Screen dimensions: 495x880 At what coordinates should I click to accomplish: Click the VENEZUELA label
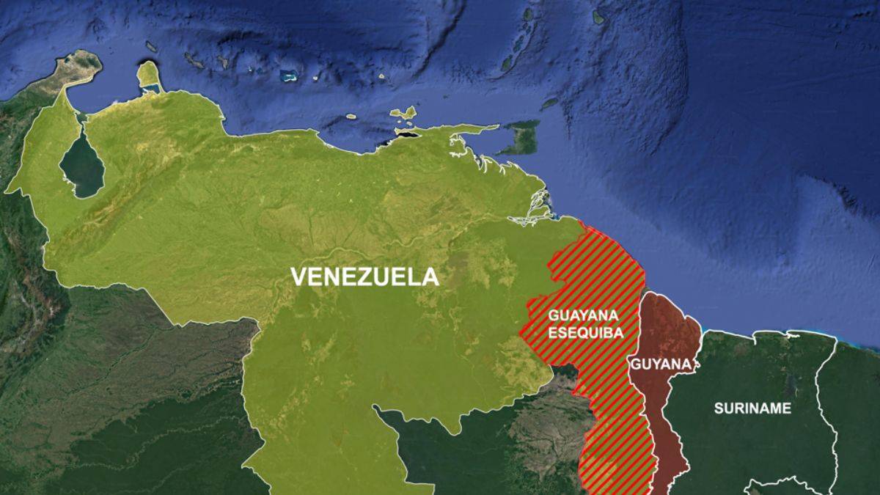click(x=364, y=277)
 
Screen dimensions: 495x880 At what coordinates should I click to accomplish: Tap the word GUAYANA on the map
click(x=584, y=316)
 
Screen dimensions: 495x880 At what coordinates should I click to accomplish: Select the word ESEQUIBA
click(x=584, y=332)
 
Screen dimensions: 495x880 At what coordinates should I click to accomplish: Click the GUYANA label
click(x=661, y=364)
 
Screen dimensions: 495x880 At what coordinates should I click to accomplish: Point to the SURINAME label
click(x=752, y=408)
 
